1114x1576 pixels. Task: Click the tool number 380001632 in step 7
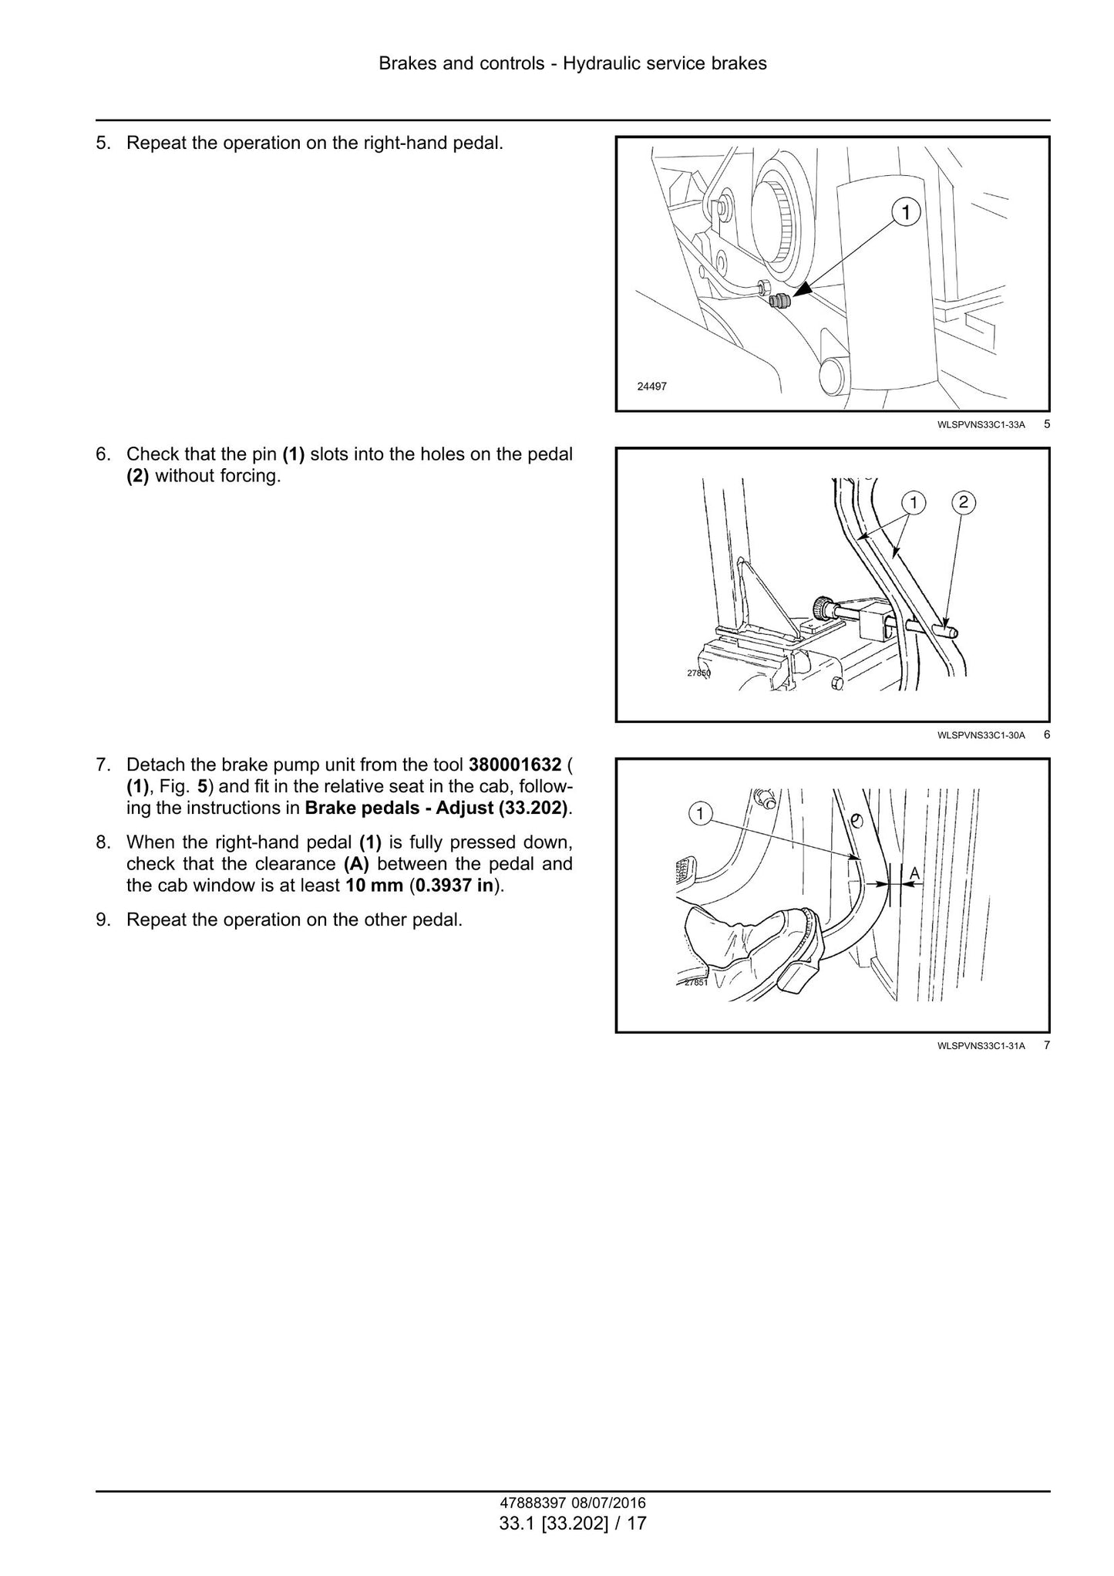515,765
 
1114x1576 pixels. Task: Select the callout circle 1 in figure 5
907,212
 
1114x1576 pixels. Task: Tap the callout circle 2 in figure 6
964,503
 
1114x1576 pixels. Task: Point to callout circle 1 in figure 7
700,812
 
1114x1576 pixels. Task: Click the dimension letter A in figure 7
914,872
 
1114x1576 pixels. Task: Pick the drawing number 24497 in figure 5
651,386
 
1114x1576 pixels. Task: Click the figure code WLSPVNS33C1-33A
981,424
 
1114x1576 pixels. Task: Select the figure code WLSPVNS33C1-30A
981,735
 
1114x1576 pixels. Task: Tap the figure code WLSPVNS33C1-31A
981,1046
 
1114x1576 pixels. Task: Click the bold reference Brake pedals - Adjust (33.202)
437,808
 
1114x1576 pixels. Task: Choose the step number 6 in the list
103,454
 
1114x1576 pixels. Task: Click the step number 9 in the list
103,920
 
